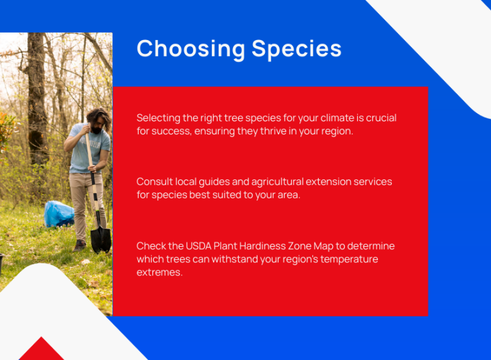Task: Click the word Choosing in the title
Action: coord(191,49)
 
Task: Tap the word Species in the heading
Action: coord(296,49)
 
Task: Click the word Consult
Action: coord(154,182)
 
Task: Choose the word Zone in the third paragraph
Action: coord(299,246)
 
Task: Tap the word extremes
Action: coord(159,272)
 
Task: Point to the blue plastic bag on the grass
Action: coord(59,214)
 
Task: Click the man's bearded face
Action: coord(96,125)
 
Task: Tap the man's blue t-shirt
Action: coord(88,147)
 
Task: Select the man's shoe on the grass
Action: coord(79,245)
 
